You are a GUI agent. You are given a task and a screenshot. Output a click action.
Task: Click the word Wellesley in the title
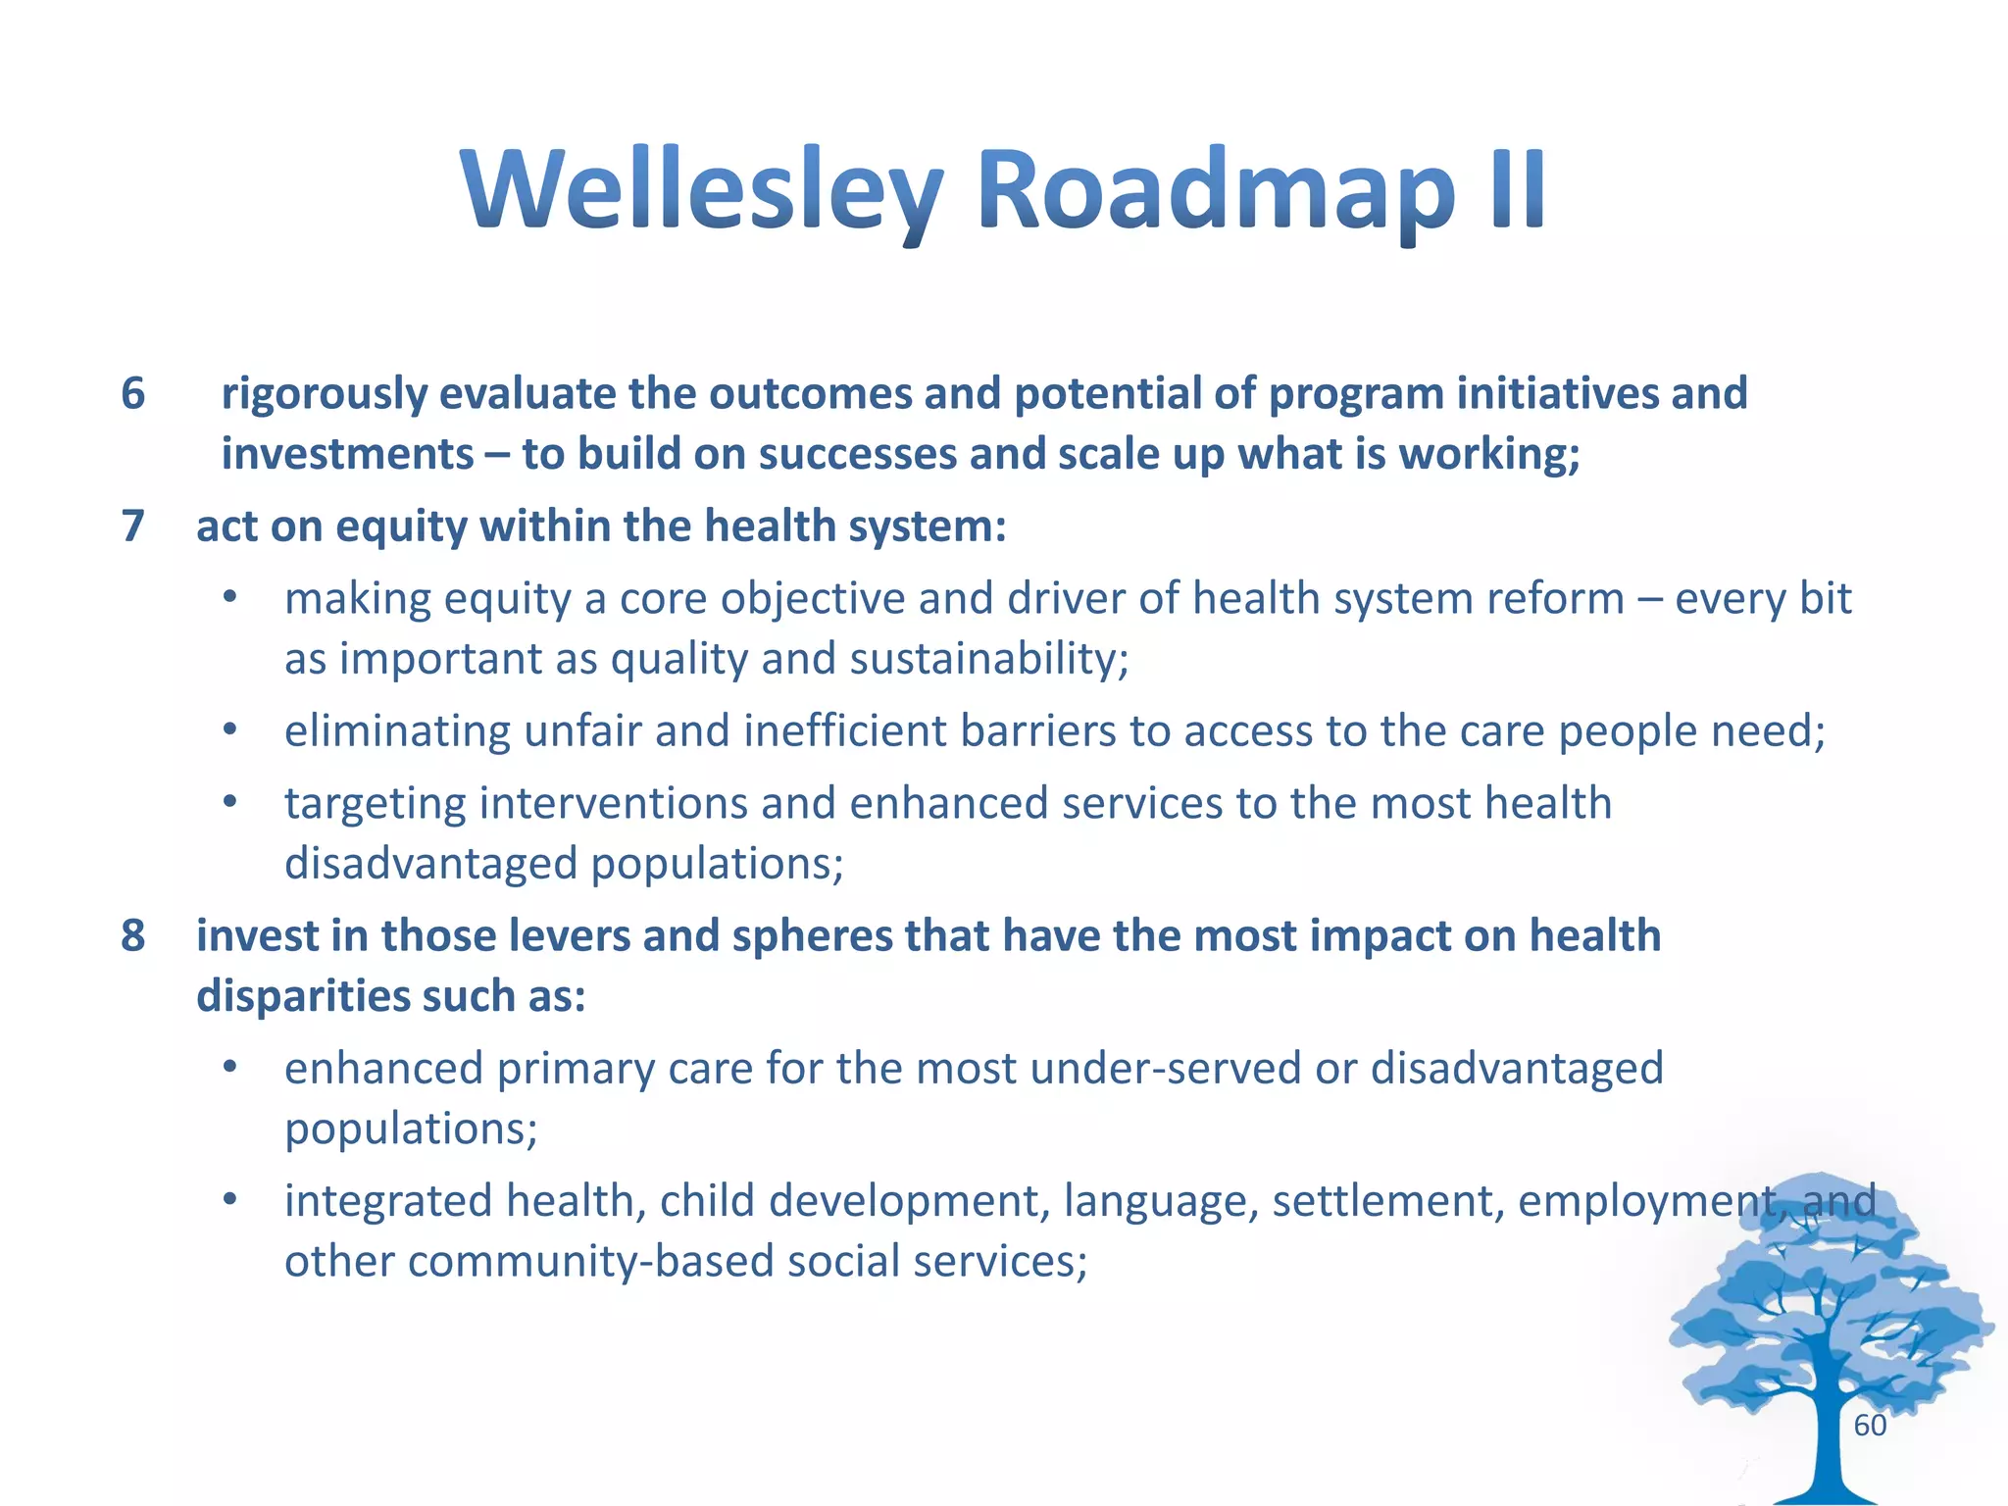[x=701, y=191]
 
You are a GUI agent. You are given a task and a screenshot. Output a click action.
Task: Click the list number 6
[x=132, y=394]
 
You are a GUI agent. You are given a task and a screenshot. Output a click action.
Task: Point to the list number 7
[x=132, y=527]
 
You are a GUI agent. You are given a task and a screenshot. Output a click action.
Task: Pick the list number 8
[x=132, y=936]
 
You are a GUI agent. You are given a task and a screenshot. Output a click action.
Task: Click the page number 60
[x=1870, y=1426]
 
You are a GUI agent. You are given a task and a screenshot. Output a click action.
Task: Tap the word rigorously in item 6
[x=324, y=394]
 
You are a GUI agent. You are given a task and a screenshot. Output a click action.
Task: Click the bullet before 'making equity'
[x=229, y=598]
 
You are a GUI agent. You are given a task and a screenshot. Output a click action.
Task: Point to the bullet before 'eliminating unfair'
[x=229, y=730]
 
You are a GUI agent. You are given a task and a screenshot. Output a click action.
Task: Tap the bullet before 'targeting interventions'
[x=229, y=803]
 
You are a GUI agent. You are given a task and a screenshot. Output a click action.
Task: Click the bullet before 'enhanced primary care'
[x=229, y=1068]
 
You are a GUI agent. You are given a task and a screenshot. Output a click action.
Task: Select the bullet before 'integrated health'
[x=229, y=1200]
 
